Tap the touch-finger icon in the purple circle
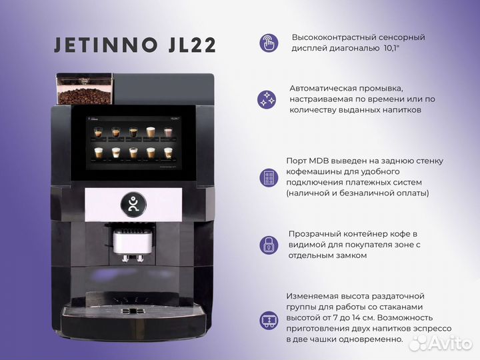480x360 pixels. pos(269,43)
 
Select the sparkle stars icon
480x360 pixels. pos(267,100)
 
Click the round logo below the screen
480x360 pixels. pos(133,204)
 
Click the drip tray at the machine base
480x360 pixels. pos(133,317)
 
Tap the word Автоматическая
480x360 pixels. pos(321,88)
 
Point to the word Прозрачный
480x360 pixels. pos(315,233)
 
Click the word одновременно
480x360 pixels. pos(373,339)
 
